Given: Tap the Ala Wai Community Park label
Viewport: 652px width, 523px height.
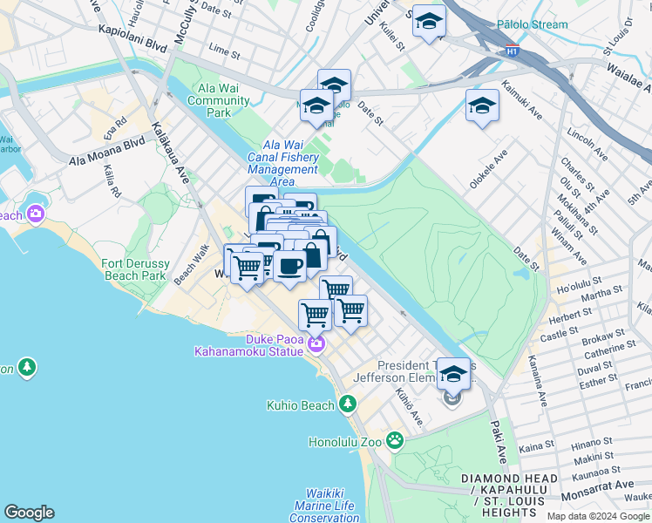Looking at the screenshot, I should coord(224,100).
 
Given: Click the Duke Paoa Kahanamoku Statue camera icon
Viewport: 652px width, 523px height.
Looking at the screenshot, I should coord(316,344).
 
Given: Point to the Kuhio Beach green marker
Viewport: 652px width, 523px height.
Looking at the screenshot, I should coord(348,404).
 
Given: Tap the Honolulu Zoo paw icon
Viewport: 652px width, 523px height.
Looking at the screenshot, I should coord(395,440).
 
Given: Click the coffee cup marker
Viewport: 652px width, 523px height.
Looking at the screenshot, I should coord(289,265).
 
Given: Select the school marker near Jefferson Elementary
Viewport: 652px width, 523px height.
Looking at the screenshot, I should coord(452,374).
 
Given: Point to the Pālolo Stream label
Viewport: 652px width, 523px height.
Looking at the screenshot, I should coord(531,24).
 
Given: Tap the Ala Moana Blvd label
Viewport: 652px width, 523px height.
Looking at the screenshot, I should coord(107,151).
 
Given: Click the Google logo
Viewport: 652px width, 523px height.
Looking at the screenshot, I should coord(29,513).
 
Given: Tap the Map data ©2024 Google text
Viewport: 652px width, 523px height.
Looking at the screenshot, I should coord(597,516).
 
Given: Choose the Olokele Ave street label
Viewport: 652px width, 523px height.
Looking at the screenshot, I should coord(487,172).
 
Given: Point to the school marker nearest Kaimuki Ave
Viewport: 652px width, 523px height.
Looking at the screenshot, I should coord(482,105).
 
